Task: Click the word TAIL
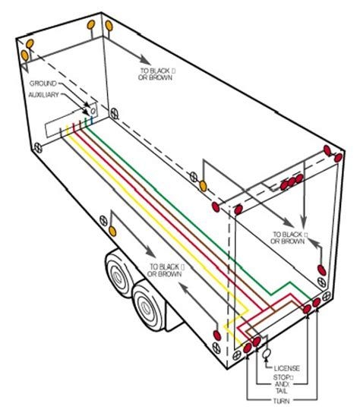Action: coord(283,389)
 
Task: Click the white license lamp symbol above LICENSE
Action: coord(267,354)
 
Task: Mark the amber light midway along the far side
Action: coord(203,185)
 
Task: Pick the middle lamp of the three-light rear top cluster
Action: coord(289,183)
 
